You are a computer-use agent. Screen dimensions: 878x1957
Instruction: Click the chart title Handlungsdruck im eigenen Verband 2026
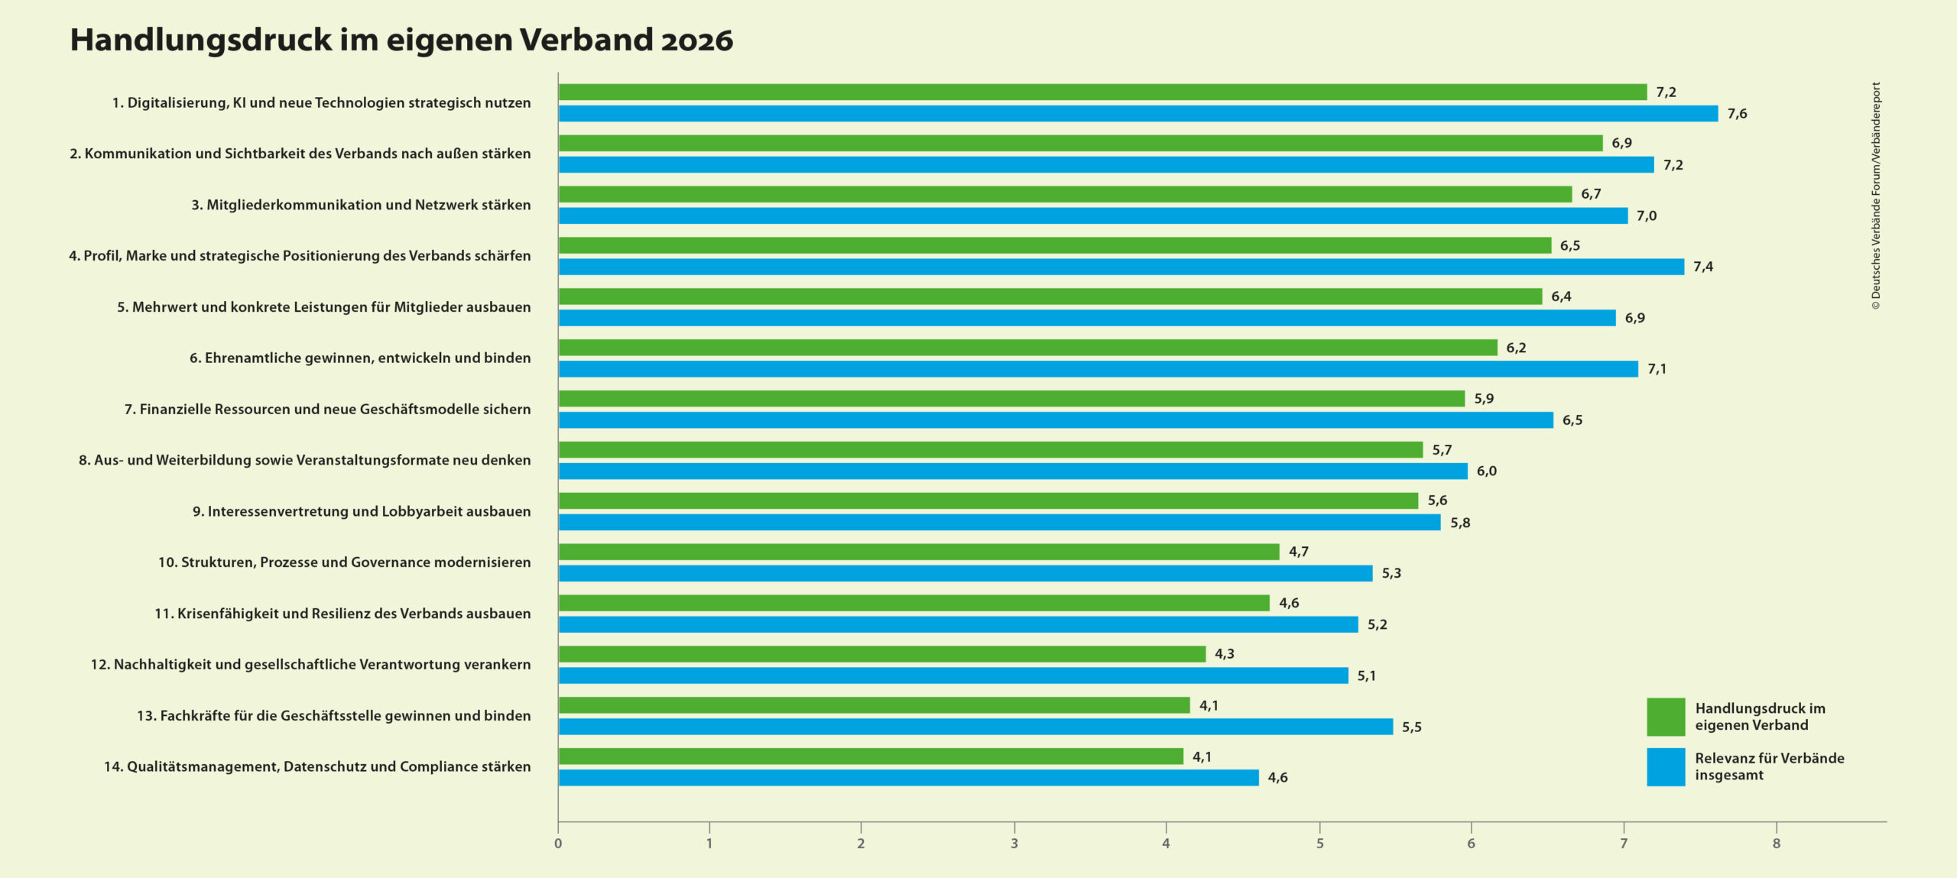[x=401, y=40]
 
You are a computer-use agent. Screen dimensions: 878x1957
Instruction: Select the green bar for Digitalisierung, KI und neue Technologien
[x=1101, y=92]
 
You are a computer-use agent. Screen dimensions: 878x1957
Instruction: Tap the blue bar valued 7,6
[x=1138, y=114]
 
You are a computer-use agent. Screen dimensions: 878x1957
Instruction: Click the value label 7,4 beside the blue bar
[x=1702, y=267]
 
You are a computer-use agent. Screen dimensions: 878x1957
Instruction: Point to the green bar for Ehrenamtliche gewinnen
[x=1027, y=348]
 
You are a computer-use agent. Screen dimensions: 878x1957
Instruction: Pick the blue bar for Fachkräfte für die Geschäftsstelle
[x=975, y=727]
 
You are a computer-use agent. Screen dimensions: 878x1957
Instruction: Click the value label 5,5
[x=1411, y=727]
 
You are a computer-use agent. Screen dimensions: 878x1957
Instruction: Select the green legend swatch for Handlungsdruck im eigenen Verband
[x=1665, y=717]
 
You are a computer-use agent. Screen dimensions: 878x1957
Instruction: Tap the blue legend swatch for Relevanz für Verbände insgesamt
[x=1665, y=766]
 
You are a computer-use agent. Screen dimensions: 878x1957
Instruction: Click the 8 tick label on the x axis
[x=1776, y=844]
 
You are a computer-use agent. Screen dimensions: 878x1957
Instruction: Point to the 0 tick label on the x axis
[x=558, y=844]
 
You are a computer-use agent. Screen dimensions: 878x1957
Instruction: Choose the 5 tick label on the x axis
[x=1319, y=844]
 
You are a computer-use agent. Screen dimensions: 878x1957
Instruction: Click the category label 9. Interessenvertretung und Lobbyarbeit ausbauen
[x=362, y=511]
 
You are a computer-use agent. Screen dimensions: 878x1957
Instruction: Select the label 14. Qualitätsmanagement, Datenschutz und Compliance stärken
[x=317, y=766]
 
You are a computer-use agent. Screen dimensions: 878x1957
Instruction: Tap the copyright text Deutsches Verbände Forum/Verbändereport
[x=1875, y=196]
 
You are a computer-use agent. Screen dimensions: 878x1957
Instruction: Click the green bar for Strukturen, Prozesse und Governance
[x=918, y=552]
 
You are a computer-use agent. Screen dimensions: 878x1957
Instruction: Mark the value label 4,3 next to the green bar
[x=1224, y=654]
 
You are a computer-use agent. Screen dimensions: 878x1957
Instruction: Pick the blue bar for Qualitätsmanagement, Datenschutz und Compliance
[x=908, y=778]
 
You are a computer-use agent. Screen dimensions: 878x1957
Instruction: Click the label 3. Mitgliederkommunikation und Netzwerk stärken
[x=361, y=205]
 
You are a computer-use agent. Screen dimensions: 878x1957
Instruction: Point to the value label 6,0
[x=1486, y=471]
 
